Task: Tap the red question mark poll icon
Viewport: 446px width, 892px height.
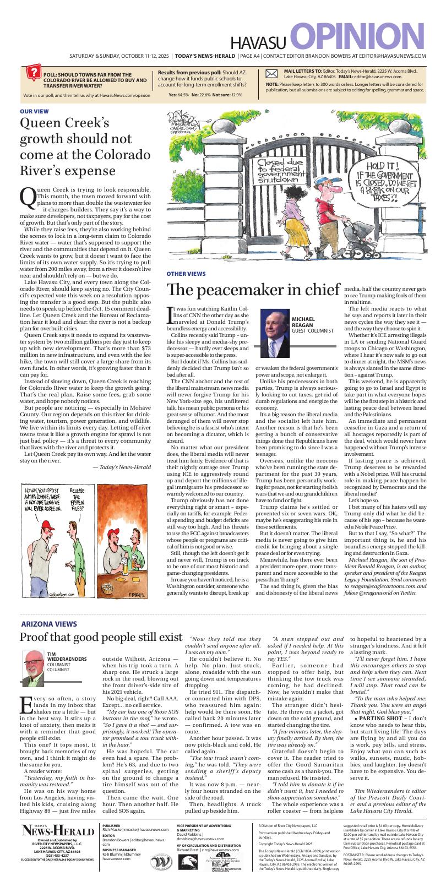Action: coord(32,73)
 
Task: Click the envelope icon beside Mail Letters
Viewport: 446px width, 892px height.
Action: coord(272,74)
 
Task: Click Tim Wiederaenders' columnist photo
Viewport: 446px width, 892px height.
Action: coord(34,667)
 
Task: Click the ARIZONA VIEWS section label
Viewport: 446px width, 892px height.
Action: coord(49,624)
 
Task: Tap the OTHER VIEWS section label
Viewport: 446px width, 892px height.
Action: coord(186,274)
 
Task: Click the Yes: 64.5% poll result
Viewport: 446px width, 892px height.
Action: coord(178,95)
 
